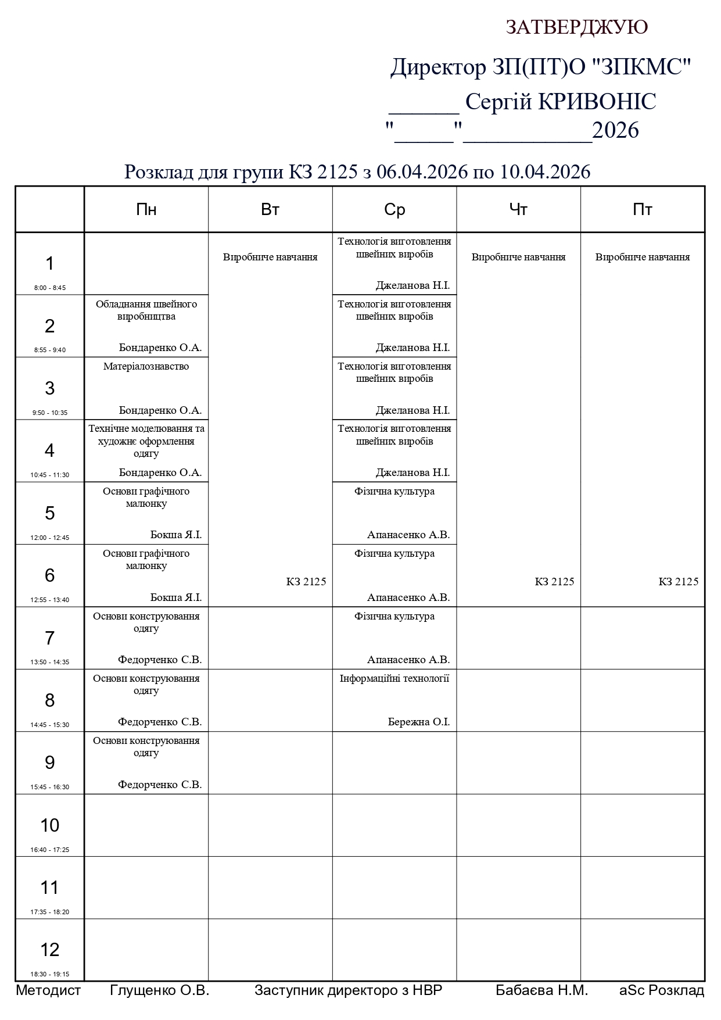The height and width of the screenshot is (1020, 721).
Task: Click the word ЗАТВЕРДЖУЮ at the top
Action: (x=576, y=27)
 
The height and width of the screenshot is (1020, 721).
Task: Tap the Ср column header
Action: (x=394, y=210)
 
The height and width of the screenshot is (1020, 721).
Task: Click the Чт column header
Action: (x=518, y=210)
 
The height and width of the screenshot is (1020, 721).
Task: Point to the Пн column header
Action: (x=146, y=210)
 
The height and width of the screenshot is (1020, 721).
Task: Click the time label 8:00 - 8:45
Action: (x=50, y=288)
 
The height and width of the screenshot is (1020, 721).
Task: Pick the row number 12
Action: (x=50, y=949)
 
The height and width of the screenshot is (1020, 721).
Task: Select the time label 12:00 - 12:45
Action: (x=50, y=538)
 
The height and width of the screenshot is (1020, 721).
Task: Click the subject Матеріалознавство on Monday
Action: (x=146, y=367)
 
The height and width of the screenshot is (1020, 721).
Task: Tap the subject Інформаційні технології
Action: (x=394, y=678)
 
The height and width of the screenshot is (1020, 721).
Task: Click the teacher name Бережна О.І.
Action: (x=419, y=722)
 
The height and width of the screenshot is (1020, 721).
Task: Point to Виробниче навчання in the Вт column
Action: (x=270, y=257)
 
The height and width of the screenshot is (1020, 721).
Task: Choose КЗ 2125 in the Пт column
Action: (x=678, y=581)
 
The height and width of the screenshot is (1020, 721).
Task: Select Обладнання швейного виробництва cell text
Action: (x=146, y=310)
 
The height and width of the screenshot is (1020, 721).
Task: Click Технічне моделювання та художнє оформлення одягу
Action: (x=146, y=441)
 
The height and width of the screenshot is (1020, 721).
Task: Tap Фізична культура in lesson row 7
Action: (x=394, y=616)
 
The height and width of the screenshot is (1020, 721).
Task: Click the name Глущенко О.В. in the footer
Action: (x=159, y=990)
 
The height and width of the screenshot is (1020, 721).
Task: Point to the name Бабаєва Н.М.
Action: (x=541, y=990)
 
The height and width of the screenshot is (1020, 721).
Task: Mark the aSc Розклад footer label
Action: (x=662, y=990)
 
